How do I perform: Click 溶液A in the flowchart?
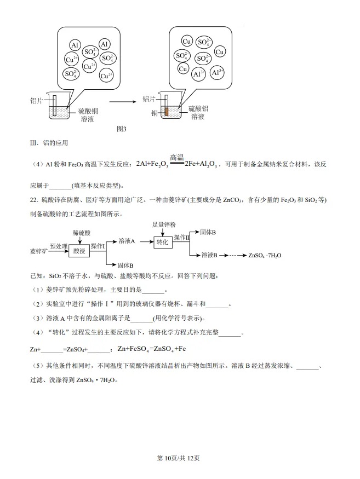click(x=127, y=241)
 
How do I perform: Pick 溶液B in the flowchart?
click(x=209, y=255)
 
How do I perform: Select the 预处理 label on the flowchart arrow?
click(x=58, y=246)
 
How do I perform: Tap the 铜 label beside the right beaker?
click(x=155, y=113)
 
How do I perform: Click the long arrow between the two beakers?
click(x=126, y=101)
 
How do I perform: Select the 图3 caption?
click(x=122, y=129)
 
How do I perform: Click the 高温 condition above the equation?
click(x=176, y=157)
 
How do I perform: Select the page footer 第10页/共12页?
click(x=180, y=458)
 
